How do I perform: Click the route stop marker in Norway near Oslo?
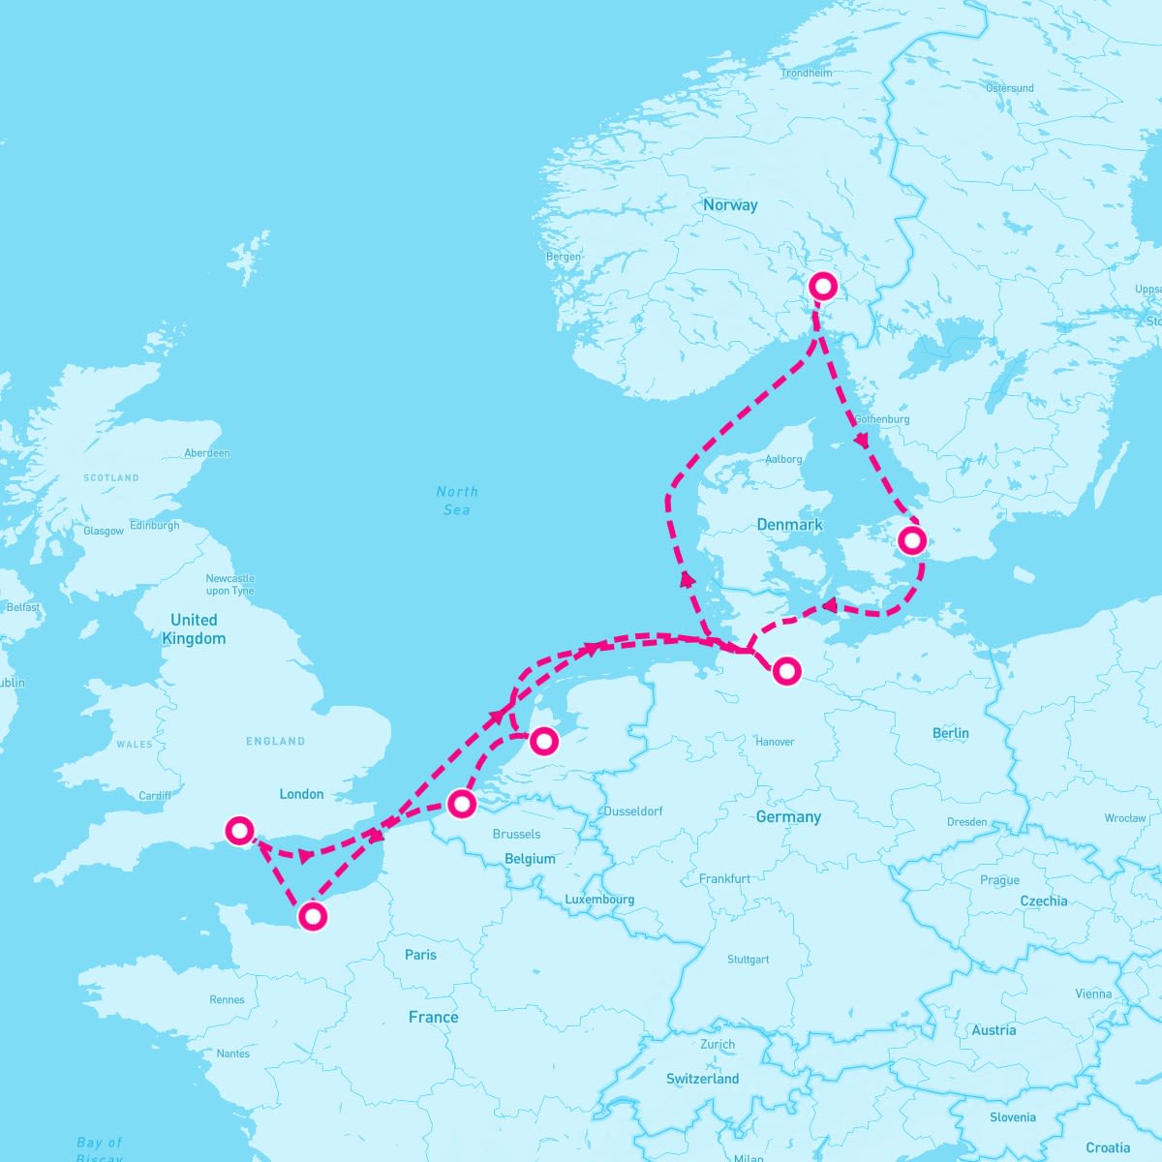coord(822,286)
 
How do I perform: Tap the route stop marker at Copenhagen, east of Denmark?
coord(911,540)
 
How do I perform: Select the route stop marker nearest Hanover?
coord(787,669)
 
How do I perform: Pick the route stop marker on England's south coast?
coord(239,830)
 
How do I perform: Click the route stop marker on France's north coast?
coord(312,916)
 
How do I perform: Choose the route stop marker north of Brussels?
coord(461,803)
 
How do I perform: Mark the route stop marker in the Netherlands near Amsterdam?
coord(544,741)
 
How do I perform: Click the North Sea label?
coord(457,501)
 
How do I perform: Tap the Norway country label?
coord(730,205)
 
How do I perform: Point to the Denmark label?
coord(789,525)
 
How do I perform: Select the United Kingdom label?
coord(194,628)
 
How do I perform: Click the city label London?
coord(301,794)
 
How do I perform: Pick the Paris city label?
coord(420,955)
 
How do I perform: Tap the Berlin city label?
coord(950,733)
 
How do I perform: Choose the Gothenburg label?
coord(882,419)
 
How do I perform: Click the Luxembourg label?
coord(599,900)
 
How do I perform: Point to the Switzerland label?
coord(702,1079)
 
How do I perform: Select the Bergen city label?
coord(564,257)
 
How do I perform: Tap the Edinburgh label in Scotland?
coord(155,526)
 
